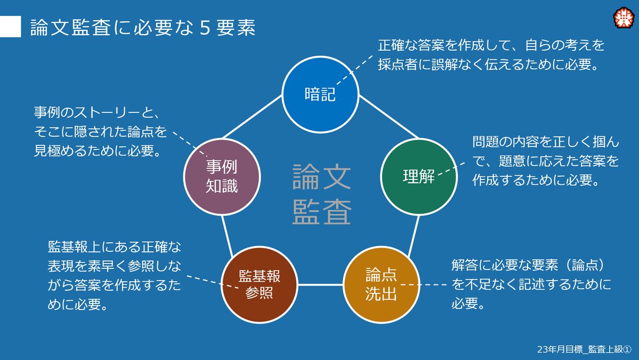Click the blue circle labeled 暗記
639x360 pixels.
320,94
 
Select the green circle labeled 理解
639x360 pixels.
419,176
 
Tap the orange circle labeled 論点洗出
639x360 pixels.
381,285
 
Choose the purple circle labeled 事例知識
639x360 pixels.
222,176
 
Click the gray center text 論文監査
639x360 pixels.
321,194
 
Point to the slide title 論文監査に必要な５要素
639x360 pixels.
143,28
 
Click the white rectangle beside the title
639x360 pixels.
10,27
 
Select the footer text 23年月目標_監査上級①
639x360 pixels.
584,349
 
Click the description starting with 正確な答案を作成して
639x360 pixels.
491,55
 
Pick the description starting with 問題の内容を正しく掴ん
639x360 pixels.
545,161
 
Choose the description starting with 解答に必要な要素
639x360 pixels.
530,284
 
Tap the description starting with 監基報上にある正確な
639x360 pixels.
114,276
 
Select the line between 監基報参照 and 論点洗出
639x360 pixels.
320,285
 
